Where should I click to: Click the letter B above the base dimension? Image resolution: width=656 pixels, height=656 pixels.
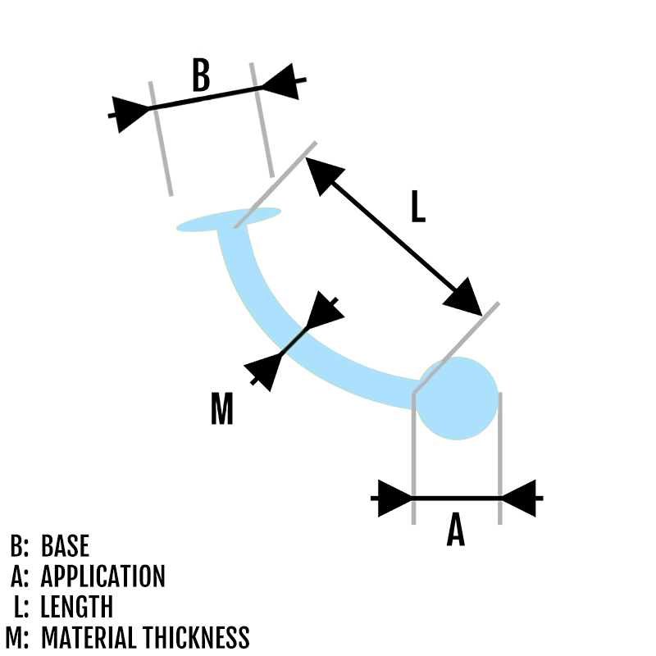coord(201,75)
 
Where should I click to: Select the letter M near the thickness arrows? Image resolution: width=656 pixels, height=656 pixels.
coord(222,408)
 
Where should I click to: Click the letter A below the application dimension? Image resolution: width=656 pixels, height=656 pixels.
coord(456,531)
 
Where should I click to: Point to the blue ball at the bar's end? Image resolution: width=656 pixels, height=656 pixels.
coord(458,398)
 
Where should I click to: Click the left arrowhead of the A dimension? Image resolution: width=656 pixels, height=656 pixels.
coord(394,498)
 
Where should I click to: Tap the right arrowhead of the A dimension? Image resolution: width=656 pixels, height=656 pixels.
coord(518,498)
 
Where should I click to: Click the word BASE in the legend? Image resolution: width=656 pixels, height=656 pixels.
coord(65,546)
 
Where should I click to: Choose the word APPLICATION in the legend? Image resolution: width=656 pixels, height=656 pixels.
coord(102,576)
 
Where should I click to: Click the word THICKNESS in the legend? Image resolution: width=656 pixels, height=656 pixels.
coord(197,637)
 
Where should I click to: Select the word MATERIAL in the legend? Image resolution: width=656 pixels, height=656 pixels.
coord(89,637)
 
